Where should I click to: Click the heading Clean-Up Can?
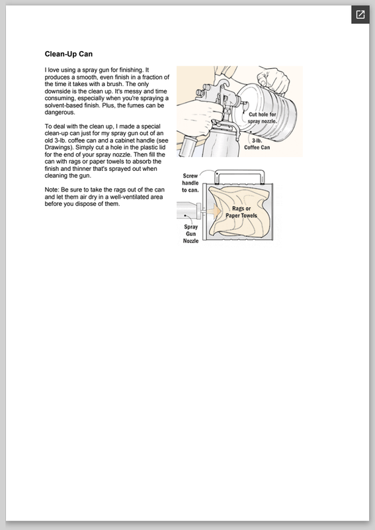tap(69, 54)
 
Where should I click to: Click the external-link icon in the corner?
tap(360, 15)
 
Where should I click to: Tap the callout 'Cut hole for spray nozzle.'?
tap(263, 118)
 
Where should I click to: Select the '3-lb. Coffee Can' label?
tap(257, 144)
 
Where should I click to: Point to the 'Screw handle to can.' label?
tap(190, 183)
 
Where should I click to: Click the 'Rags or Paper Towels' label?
tap(241, 212)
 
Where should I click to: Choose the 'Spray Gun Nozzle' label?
tap(190, 234)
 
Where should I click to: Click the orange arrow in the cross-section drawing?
tap(214, 211)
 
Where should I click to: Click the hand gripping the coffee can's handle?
tap(273, 79)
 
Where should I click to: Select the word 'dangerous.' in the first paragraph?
tap(60, 113)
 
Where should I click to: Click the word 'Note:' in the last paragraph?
tap(52, 189)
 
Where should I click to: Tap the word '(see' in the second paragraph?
tap(162, 140)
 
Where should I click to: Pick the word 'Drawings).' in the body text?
tap(60, 147)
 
